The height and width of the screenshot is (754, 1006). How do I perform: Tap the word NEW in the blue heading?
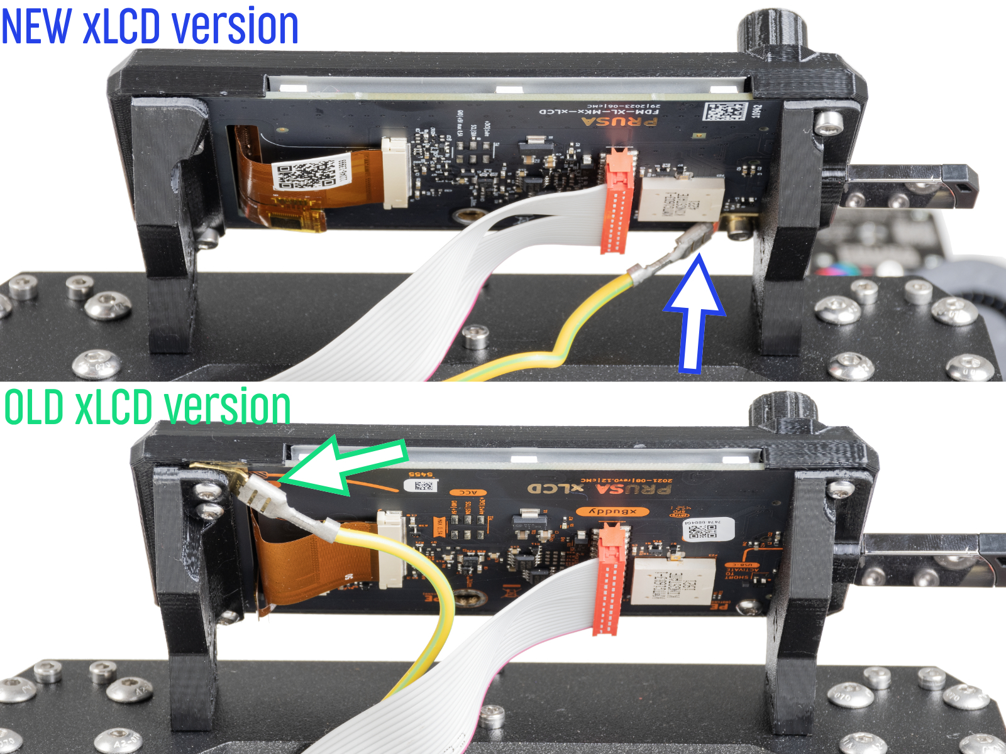pyautogui.click(x=36, y=26)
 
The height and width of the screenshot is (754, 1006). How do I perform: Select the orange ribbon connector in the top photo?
pyautogui.click(x=619, y=201)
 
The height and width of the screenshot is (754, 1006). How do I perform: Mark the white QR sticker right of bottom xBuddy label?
pyautogui.click(x=709, y=529)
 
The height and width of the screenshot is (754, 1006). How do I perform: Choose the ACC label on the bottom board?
pyautogui.click(x=468, y=493)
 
